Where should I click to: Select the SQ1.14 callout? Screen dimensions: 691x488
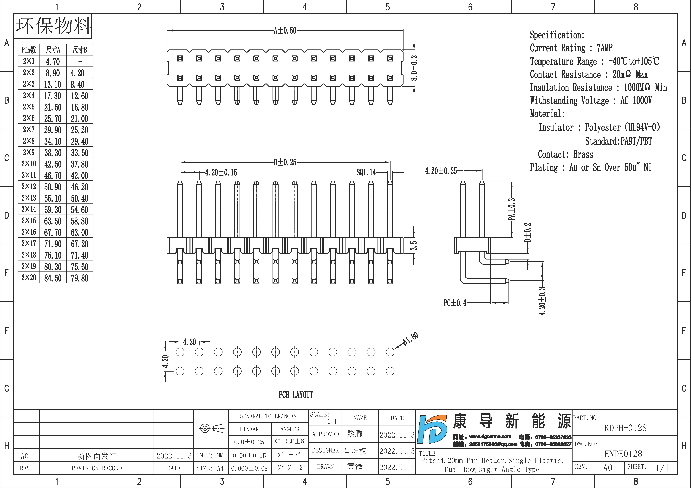366,172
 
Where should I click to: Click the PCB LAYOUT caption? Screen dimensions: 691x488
296,395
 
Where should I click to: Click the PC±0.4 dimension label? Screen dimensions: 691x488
455,303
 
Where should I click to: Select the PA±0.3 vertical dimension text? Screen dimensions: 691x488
512,209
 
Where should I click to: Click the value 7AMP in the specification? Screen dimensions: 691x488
605,48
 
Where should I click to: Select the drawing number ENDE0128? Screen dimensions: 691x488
623,454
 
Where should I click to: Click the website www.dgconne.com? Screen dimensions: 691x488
490,437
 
